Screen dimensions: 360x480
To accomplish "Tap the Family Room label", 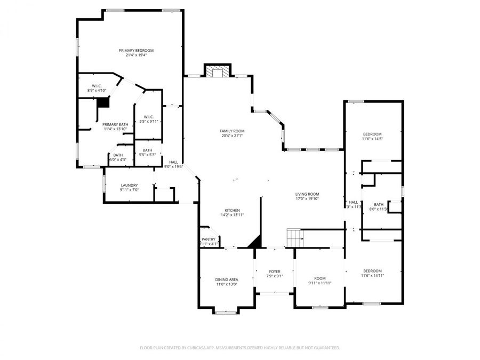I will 232,131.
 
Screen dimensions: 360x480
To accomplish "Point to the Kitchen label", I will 232,210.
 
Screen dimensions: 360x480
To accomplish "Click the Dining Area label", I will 226,279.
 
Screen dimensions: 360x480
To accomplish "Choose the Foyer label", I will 274,271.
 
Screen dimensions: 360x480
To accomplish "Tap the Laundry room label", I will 129,185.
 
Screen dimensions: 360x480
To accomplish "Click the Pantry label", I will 208,239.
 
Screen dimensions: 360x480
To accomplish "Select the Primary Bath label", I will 115,124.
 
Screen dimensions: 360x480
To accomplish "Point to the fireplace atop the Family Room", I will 218,72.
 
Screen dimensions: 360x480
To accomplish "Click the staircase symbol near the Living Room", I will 294,237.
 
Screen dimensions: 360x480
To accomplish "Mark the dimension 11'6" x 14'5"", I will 373,139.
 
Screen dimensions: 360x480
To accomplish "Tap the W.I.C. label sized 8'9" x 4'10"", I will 97,86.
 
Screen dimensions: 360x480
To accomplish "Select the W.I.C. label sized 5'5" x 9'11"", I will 148,117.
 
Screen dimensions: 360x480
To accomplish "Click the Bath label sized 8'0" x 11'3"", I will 378,205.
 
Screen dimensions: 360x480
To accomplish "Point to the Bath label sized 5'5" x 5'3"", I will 147,150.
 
